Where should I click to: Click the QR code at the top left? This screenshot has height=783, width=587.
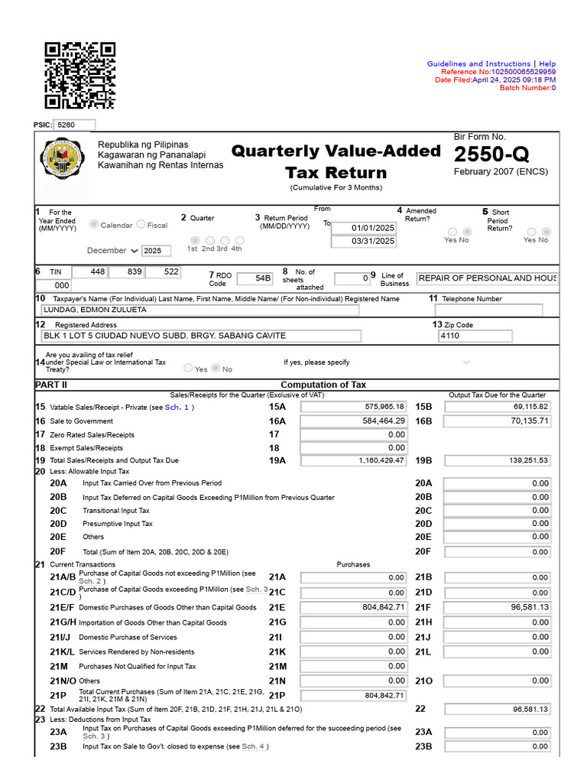click(79, 75)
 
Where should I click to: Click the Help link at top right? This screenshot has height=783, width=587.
click(547, 64)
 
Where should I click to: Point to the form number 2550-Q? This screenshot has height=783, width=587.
click(491, 155)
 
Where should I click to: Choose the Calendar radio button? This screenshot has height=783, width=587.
click(95, 225)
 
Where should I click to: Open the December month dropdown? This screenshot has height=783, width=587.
click(112, 251)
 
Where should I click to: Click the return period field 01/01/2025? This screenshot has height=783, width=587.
click(364, 228)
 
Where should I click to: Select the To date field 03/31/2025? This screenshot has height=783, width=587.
click(364, 241)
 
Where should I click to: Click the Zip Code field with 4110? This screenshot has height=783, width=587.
click(475, 336)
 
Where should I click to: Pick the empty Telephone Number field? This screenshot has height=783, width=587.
click(488, 310)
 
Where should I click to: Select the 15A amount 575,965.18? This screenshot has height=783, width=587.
click(354, 407)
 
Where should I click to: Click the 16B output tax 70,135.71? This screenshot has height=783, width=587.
click(498, 421)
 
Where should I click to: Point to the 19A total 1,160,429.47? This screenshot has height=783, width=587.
click(354, 460)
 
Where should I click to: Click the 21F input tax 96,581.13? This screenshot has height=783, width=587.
click(498, 607)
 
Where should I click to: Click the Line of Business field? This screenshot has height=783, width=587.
click(486, 278)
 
